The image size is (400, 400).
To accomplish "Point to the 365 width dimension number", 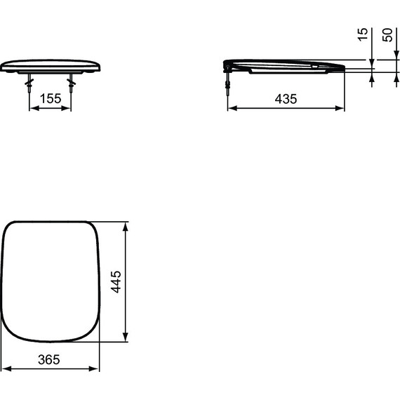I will tap(48, 359).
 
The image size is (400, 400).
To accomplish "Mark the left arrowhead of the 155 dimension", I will tap(32, 109).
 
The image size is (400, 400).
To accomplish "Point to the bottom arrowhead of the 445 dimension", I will tap(126, 339).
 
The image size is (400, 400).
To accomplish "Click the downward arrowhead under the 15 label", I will tap(372, 62).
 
